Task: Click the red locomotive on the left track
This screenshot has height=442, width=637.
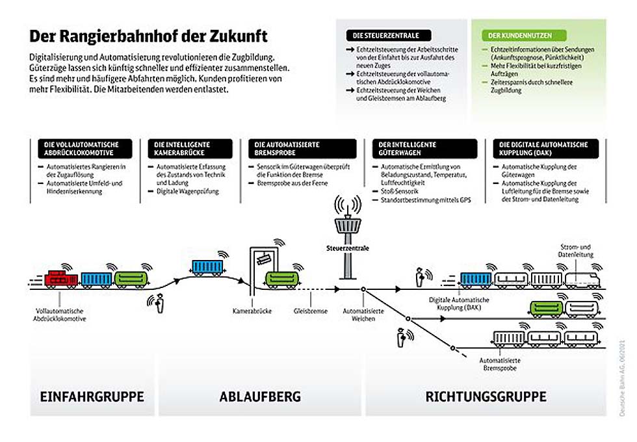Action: coord(61,279)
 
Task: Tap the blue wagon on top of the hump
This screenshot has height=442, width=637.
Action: coord(208,266)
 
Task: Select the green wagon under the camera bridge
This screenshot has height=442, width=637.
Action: coord(282,279)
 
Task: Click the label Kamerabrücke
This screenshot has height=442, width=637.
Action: coord(252,311)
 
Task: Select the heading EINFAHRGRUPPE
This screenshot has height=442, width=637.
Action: coord(92,396)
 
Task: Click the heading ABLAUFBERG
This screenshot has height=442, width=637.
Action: coord(260,396)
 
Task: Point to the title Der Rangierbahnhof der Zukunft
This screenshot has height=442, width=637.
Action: coord(148,35)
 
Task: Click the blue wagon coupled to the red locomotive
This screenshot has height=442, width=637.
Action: coord(96,279)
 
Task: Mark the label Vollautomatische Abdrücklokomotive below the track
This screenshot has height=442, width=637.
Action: coord(60,315)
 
